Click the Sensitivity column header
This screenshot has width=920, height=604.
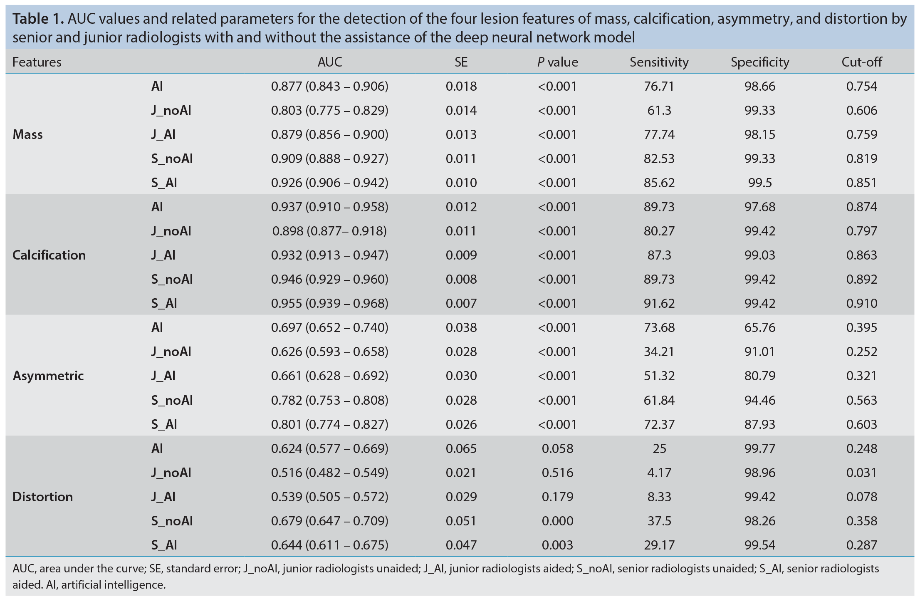tap(659, 62)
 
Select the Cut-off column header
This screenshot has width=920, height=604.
tap(862, 62)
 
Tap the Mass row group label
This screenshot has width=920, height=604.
tap(28, 134)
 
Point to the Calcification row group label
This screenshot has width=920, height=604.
tap(49, 255)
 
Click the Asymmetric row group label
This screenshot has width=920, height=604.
tap(48, 376)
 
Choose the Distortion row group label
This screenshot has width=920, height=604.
tap(43, 497)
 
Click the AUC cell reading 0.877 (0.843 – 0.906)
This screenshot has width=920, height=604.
tap(330, 86)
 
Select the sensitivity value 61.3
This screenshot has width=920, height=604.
tap(659, 110)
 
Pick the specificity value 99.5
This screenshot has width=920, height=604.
tap(760, 183)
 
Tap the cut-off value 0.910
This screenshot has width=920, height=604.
tap(862, 303)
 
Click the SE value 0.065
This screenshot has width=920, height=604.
tap(461, 448)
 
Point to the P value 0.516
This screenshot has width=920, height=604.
tap(557, 473)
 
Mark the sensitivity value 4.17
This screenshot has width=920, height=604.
tap(659, 473)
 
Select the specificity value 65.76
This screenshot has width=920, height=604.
tap(760, 327)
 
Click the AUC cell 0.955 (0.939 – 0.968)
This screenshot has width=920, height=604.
tap(330, 303)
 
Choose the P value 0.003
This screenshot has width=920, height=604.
tap(557, 545)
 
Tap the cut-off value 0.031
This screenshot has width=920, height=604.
tap(862, 473)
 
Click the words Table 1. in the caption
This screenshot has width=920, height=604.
tap(38, 19)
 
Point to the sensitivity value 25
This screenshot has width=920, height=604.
tap(659, 448)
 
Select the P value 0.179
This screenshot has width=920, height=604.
tap(557, 497)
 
